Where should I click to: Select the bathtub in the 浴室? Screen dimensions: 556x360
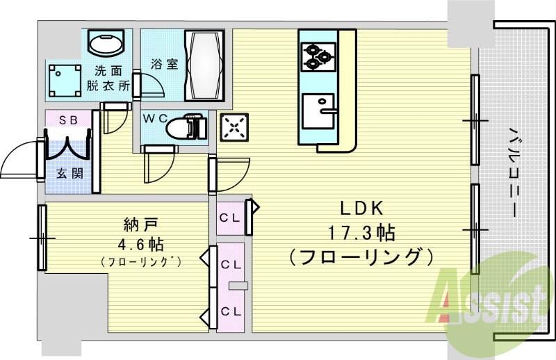coord(204,66)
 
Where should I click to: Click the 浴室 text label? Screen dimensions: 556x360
coord(164,64)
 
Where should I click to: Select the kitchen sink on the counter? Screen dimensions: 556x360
coord(320,109)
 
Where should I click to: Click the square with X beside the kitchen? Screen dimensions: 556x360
coord(233,126)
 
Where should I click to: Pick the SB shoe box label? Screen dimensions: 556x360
coord(67,120)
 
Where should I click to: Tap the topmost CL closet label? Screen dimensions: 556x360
coord(229,217)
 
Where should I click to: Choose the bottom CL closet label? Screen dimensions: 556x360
coord(229,311)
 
